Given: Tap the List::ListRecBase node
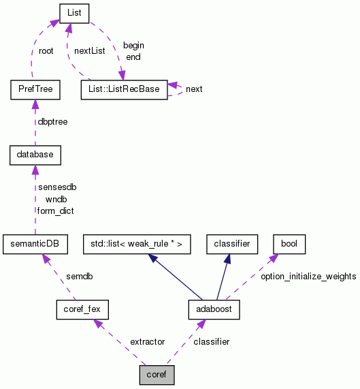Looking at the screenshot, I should (123, 89).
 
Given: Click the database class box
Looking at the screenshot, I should (35, 155).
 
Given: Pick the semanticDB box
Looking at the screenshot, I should (35, 243).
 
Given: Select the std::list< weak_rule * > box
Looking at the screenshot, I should (137, 243).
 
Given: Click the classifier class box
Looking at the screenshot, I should (233, 243).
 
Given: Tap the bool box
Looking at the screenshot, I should (289, 243).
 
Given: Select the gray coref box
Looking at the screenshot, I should (157, 374).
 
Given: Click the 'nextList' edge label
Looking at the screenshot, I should (91, 51).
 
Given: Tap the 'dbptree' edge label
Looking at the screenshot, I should (52, 122).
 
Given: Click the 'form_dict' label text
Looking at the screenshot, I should (55, 211).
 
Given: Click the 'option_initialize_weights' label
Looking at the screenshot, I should (308, 276).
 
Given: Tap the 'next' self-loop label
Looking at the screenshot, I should (194, 89).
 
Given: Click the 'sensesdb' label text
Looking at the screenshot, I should (56, 187).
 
